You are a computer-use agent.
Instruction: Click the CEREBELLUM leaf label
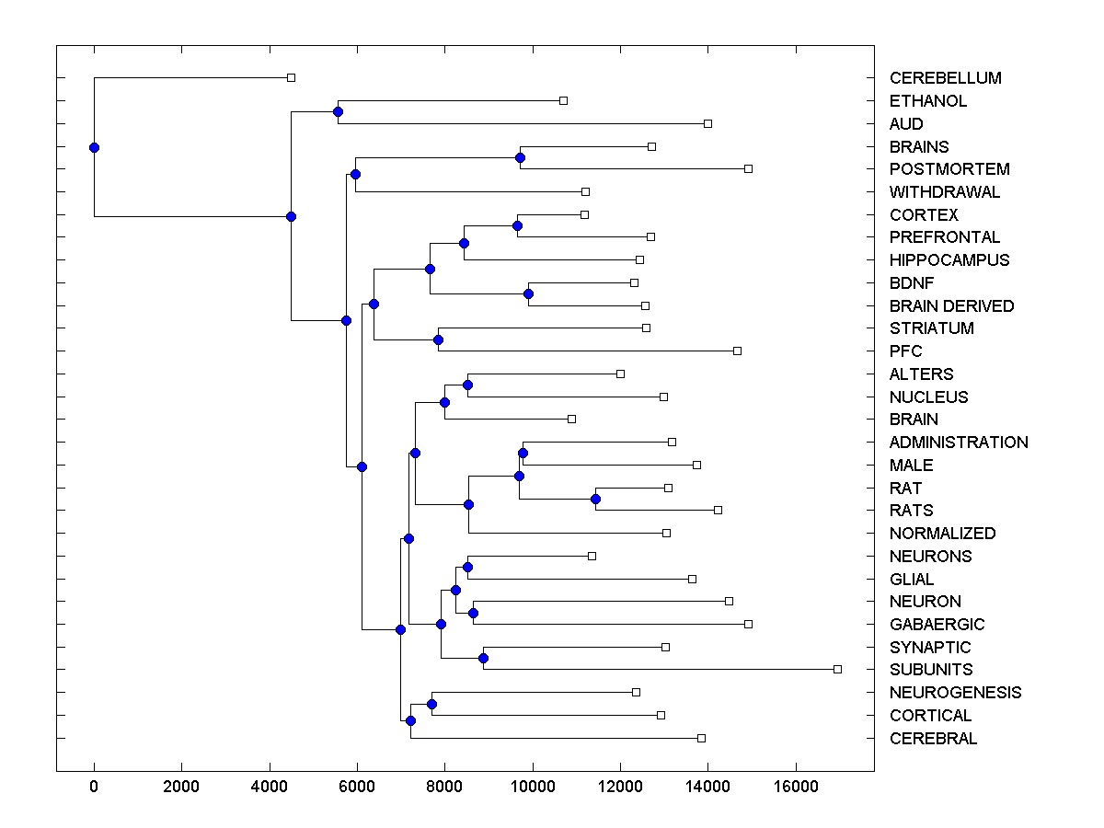(x=945, y=78)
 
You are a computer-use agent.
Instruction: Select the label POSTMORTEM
(x=949, y=169)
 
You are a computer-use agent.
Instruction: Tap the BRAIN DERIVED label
(x=951, y=306)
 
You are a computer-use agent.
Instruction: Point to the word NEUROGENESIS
(x=955, y=693)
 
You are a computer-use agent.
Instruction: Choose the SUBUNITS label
(x=930, y=670)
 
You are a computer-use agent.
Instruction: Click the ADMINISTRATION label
(x=959, y=443)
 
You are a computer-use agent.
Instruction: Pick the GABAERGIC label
(x=932, y=625)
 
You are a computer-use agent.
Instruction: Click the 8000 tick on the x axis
(x=445, y=788)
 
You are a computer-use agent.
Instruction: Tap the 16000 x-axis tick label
(x=796, y=788)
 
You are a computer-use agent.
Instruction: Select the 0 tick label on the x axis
(x=94, y=788)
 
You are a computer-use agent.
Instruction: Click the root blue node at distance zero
(x=94, y=147)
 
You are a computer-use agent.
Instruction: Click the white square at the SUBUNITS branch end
(x=837, y=669)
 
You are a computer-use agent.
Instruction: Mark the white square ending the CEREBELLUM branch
(x=291, y=77)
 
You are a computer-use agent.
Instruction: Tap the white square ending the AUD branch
(x=707, y=123)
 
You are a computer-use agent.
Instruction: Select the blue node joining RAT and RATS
(x=595, y=499)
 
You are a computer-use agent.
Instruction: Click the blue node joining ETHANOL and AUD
(x=338, y=111)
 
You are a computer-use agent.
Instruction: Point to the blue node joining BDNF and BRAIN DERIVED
(x=528, y=294)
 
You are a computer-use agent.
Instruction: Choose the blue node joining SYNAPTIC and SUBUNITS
(x=483, y=658)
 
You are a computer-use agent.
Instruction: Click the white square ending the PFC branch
(x=737, y=351)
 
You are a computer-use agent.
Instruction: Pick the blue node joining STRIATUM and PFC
(x=438, y=339)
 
